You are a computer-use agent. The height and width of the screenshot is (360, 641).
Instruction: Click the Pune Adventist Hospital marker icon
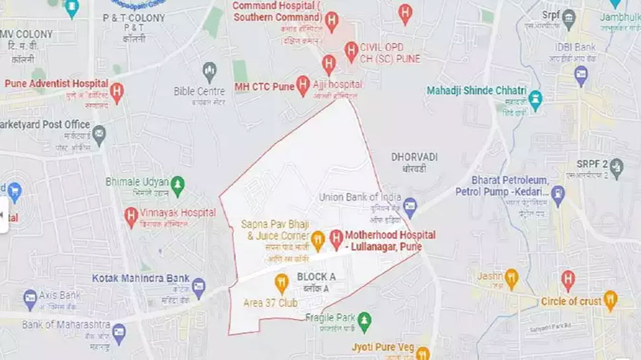pyautogui.click(x=117, y=92)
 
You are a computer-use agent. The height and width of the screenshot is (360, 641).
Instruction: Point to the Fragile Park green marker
pyautogui.click(x=364, y=322)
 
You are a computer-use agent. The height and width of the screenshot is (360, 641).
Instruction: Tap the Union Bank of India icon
pyautogui.click(x=410, y=205)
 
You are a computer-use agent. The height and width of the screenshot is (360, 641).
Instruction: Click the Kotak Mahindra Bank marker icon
pyautogui.click(x=198, y=286)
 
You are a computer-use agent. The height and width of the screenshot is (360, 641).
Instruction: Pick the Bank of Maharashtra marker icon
pyautogui.click(x=119, y=332)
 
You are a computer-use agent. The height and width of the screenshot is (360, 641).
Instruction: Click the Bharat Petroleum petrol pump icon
pyautogui.click(x=558, y=196)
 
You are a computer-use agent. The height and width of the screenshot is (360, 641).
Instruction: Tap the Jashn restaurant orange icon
pyautogui.click(x=510, y=277)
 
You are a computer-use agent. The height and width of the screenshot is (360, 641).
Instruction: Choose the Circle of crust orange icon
pyautogui.click(x=610, y=301)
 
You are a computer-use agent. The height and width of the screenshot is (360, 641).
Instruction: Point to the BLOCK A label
pyautogui.click(x=317, y=276)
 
